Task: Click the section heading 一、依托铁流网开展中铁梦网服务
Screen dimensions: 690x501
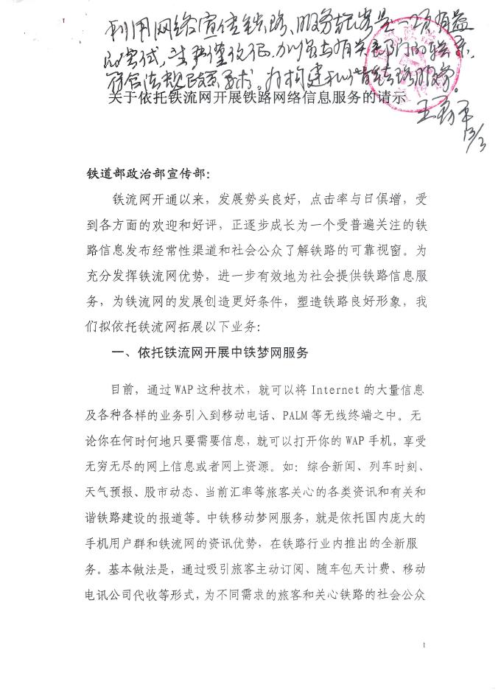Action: coord(209,352)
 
